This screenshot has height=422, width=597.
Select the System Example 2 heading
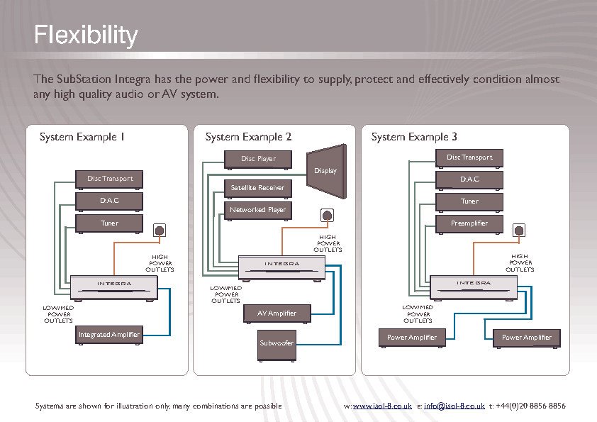248,137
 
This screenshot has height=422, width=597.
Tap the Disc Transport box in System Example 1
110,179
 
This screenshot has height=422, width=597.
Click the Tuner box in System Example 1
110,223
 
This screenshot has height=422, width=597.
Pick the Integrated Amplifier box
110,335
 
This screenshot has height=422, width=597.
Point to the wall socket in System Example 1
160,230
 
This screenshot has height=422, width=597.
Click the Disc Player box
259,159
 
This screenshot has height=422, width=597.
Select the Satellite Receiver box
257,188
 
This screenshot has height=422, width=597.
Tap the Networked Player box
257,210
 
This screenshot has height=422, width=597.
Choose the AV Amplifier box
277,313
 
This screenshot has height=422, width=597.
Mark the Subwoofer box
277,343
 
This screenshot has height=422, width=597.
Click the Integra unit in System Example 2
282,266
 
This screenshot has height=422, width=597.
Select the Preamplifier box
469,223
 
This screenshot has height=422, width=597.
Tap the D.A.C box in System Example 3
469,179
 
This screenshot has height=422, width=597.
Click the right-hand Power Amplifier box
527,338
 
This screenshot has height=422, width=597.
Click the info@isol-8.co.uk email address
454,406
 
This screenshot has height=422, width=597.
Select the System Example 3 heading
414,137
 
